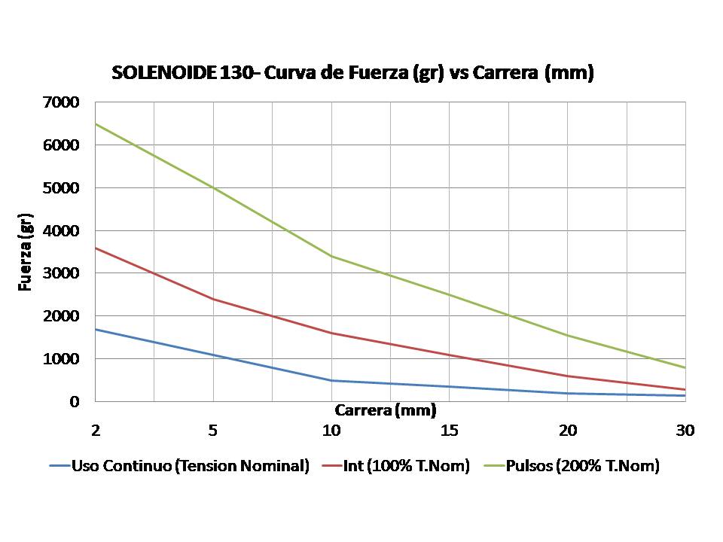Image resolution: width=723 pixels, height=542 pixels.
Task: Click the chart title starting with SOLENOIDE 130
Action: (x=352, y=73)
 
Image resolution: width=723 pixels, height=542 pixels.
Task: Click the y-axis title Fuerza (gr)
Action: (x=26, y=252)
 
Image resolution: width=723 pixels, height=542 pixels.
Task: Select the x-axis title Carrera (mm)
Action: (x=386, y=410)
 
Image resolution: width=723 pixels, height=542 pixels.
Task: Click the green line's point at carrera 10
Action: (x=331, y=256)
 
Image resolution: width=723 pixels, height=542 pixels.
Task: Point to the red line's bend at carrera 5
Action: (x=213, y=299)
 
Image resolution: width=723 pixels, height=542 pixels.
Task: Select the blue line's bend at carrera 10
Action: (x=331, y=380)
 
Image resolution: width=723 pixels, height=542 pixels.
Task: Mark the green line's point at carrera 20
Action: (x=567, y=335)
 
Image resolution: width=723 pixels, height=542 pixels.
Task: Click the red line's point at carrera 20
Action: (x=567, y=376)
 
